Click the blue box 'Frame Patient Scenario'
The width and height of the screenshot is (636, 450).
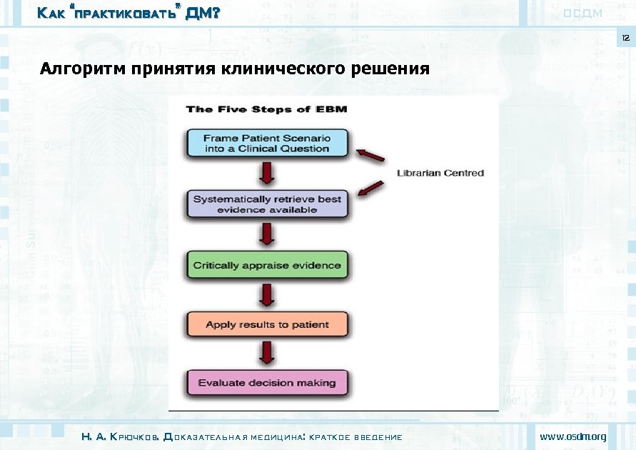pos(266,143)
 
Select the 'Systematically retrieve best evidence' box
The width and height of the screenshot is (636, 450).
pos(267,204)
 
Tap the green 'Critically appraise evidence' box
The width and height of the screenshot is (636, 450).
pos(267,265)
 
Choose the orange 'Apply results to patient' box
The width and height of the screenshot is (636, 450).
pos(267,324)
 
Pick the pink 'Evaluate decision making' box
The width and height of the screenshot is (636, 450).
pos(267,383)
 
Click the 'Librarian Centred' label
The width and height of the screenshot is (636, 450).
pos(440,173)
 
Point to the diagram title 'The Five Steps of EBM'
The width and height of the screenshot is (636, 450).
pos(266,109)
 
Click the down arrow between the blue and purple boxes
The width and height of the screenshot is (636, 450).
pos(267,173)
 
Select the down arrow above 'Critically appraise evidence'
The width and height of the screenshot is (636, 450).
pos(267,234)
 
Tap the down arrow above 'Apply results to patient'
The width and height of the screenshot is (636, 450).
pos(267,294)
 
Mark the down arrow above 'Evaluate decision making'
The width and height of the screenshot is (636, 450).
pos(267,353)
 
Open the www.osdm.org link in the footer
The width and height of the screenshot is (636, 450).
pos(572,436)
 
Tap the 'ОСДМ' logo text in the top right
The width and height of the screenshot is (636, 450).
pos(582,14)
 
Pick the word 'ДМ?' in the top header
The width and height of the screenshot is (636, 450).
pos(202,13)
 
